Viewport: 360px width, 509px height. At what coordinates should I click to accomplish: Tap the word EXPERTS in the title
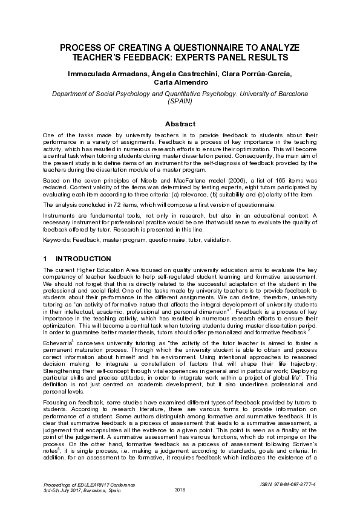pyautogui.click(x=193, y=57)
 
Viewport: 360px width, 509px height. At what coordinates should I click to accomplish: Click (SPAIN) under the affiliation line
pyautogui.click(x=180, y=102)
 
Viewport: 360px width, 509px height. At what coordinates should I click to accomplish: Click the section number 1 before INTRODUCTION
pyautogui.click(x=45, y=258)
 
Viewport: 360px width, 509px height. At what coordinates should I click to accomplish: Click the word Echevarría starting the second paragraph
pyautogui.click(x=58, y=343)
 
